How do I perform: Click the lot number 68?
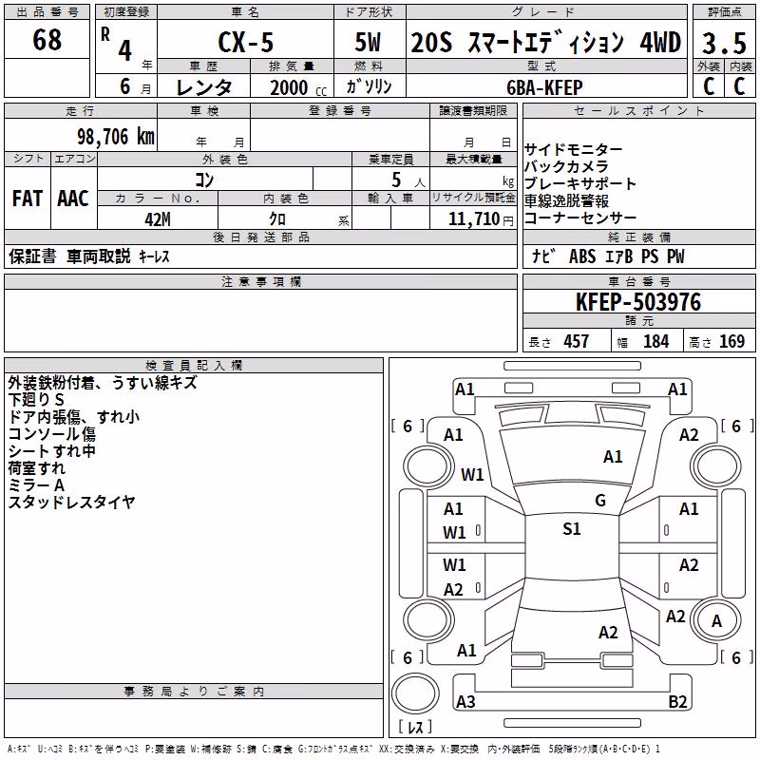47,39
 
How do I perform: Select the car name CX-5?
246,42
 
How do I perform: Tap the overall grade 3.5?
724,43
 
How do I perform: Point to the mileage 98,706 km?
115,137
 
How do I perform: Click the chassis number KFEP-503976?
638,302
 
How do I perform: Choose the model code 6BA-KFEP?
544,87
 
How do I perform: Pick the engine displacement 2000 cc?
298,87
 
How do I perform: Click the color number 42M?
158,219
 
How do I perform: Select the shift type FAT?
28,199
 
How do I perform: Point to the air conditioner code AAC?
73,199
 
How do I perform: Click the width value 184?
655,341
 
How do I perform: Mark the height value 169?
731,341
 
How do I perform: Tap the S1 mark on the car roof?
572,529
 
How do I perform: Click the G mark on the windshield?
600,501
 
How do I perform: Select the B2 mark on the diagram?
677,701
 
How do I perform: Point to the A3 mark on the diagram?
465,701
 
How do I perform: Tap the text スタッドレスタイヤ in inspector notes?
71,503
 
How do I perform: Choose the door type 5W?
368,42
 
